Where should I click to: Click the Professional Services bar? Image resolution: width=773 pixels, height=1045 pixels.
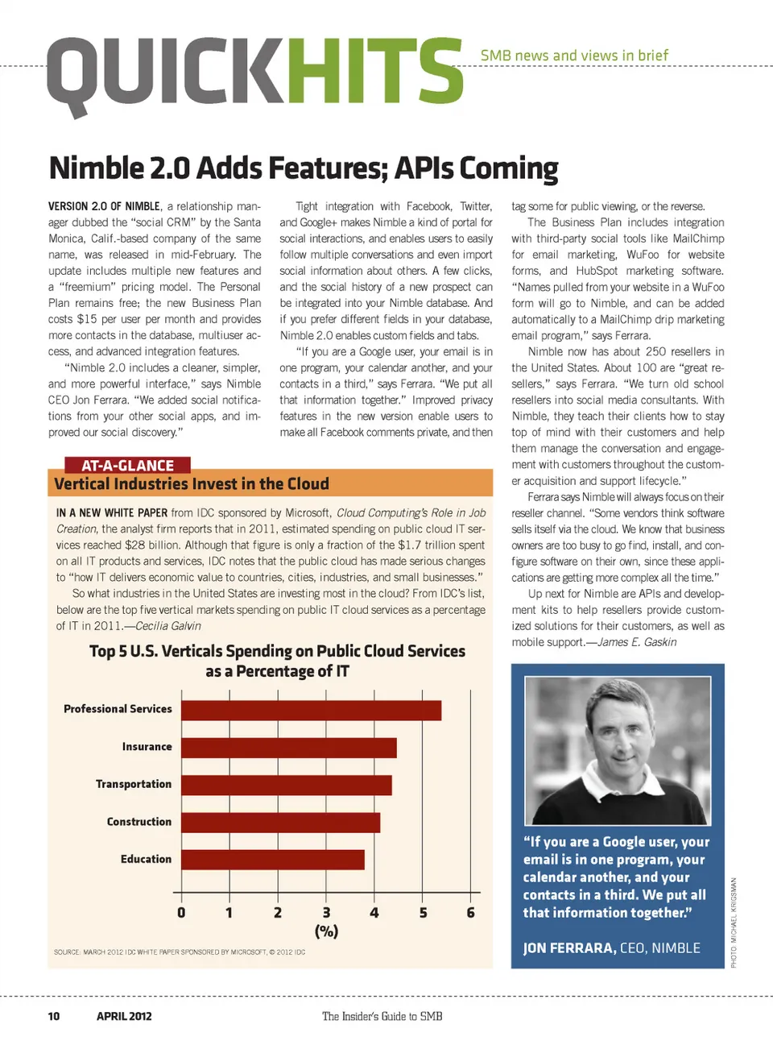coord(311,710)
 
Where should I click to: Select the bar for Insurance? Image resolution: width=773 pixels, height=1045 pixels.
coord(288,748)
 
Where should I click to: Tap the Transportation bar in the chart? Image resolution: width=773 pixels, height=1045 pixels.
coord(286,785)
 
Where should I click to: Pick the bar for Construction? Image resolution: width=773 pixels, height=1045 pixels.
coord(280,823)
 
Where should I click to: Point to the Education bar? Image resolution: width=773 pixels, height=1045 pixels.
coord(272,860)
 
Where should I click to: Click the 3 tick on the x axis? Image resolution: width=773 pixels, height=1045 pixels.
coord(326,912)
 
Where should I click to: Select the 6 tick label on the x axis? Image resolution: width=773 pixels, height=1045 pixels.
coord(471,912)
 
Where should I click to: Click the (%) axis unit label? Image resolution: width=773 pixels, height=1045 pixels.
coord(326,931)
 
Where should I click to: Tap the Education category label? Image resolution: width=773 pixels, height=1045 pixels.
coord(146,859)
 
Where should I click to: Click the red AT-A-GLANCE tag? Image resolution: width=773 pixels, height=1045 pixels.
coord(127,465)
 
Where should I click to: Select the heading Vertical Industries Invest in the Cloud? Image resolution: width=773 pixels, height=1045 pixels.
coord(192,483)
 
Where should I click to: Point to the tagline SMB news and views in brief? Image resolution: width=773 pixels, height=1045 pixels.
coord(574,56)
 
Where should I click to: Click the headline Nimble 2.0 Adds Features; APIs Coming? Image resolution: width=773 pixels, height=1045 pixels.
coord(304,168)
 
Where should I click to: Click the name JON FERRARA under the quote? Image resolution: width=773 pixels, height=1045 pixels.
coord(568,948)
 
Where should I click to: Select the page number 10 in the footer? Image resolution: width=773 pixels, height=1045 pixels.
coord(54,1016)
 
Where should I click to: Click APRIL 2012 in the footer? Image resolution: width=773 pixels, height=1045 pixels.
coord(124,1016)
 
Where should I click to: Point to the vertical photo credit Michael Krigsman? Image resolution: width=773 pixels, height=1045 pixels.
coord(734,922)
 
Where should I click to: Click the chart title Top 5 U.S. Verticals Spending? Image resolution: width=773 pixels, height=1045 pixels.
coord(277,661)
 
